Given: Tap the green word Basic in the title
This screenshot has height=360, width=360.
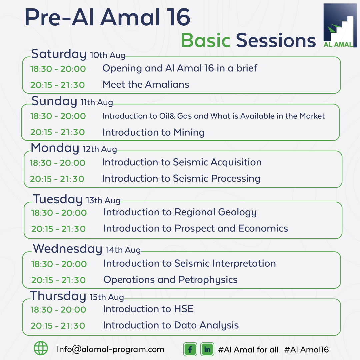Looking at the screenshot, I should tap(206, 41).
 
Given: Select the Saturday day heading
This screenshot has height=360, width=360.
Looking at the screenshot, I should tap(59, 54).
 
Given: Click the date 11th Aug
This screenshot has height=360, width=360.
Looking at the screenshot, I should tap(97, 102).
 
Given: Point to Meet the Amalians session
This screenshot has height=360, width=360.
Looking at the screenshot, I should tap(146, 85).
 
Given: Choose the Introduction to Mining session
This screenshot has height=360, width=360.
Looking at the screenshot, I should tap(153, 132).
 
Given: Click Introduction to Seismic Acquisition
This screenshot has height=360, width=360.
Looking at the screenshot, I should tap(182, 162).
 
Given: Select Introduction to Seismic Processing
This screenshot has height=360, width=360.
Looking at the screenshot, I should tap(181, 179).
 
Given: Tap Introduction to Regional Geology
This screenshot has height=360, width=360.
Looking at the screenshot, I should tap(180, 212).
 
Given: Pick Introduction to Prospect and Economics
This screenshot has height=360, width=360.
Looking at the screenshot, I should tap(196, 229).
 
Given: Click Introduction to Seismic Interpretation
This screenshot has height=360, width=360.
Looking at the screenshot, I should tap(190, 264).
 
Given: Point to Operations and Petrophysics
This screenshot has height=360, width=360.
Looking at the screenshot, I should tap(170, 280).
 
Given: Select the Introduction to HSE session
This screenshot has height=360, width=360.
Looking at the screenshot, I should tap(148, 309).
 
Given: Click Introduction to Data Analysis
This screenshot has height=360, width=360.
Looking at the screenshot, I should tap(171, 325).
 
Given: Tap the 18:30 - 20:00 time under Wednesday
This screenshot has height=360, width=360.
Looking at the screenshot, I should tap(59, 264).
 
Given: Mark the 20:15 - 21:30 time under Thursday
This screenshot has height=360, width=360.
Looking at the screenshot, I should tap(58, 326).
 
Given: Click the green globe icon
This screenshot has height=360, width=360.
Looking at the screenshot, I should tap(41, 349).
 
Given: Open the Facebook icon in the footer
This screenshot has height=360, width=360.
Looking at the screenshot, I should tap(190, 349).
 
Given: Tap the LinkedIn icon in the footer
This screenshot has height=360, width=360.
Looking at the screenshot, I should tap(207, 349).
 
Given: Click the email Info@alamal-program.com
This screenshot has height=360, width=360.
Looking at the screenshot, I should tap(111, 349).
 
